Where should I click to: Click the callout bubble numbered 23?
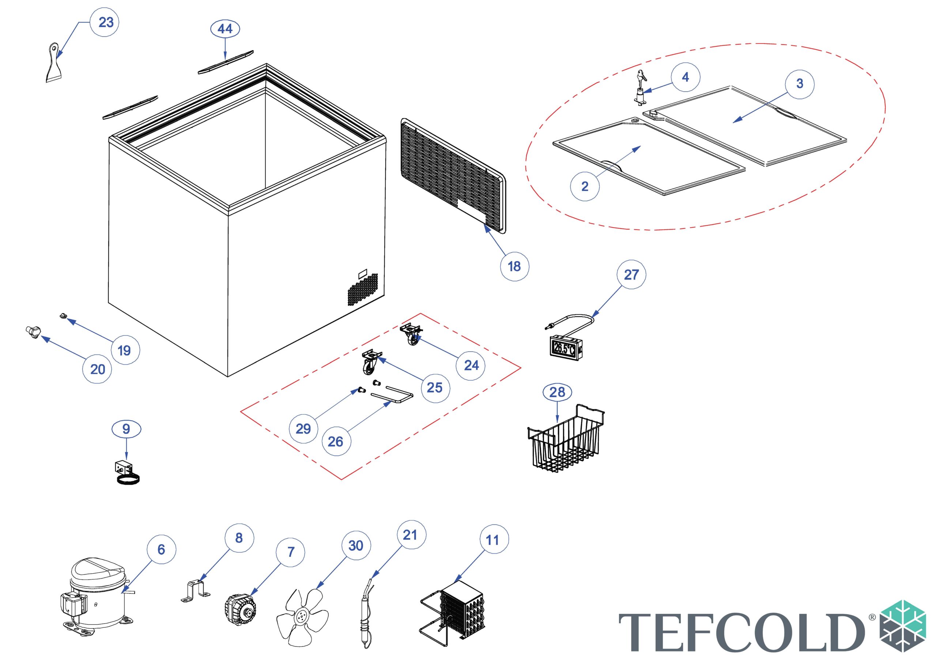(105, 22)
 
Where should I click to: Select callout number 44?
(225, 29)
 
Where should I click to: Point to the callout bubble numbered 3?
(799, 84)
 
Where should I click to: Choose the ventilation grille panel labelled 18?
(453, 176)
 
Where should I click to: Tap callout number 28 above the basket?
(557, 392)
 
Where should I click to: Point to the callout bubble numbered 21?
(411, 535)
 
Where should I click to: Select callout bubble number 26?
(336, 441)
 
